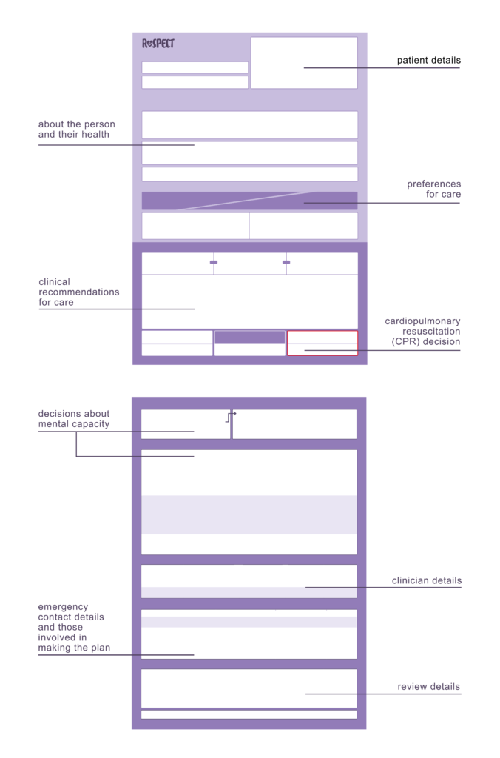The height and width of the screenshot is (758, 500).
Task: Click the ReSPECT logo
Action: coord(158,44)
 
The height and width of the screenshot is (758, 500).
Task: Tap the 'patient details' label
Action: coord(428,61)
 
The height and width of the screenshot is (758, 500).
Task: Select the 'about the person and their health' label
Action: coord(76,129)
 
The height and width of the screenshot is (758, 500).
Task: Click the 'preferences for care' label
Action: coord(433,189)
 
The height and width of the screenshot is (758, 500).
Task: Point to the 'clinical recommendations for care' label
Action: coord(78,292)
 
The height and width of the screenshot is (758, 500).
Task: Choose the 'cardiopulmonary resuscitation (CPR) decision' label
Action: coord(422,331)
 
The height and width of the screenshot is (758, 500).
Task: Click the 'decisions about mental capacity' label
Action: coord(73,419)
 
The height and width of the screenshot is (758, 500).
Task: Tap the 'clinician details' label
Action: coord(427,580)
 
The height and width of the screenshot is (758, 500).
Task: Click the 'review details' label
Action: coord(428,686)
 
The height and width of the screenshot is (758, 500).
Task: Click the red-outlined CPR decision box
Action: coord(322,343)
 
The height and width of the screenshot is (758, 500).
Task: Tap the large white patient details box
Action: coord(304,63)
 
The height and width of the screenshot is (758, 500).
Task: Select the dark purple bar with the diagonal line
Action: coord(249,201)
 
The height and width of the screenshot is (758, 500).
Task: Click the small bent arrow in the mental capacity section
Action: coord(231,416)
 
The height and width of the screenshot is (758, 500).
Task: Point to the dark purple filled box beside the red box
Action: coord(249,337)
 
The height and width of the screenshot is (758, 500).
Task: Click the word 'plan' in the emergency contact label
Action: coord(101,648)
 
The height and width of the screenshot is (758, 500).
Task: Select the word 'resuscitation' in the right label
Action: coord(431,331)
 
